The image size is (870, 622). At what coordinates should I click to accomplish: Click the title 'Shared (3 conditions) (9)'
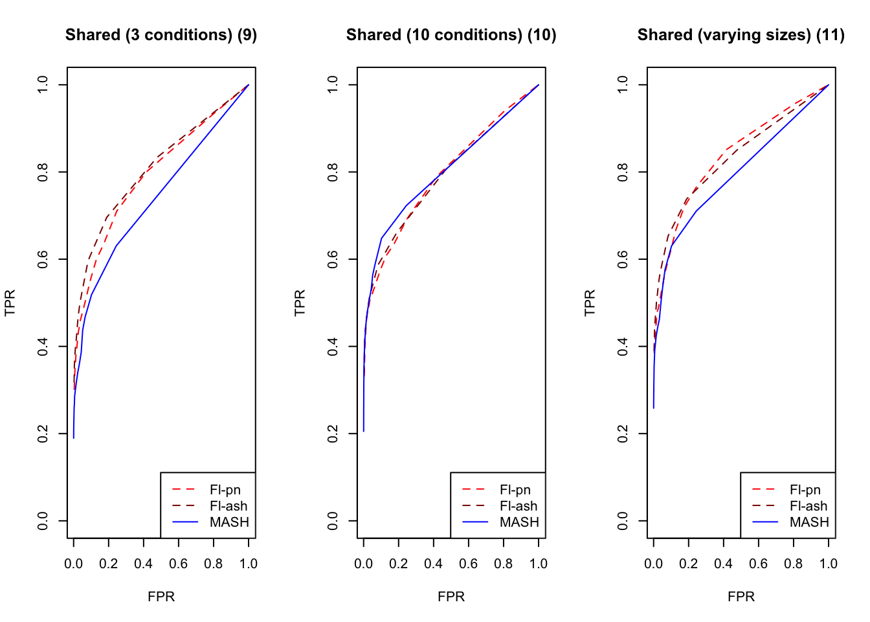161,35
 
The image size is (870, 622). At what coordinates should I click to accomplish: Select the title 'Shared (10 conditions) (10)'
451,35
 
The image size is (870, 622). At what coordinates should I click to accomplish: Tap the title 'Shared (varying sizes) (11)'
741,35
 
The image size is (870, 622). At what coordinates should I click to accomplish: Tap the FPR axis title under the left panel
161,597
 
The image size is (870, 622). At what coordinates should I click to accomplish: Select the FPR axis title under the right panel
741,597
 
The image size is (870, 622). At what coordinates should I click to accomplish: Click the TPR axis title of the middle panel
300,303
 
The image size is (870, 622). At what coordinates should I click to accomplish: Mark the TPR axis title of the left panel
10,303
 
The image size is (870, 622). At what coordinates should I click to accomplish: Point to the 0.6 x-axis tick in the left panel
179,564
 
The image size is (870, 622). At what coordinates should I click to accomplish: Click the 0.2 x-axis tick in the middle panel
399,564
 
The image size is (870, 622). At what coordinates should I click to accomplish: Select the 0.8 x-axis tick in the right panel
794,564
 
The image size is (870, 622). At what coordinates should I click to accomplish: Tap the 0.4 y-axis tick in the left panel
43,347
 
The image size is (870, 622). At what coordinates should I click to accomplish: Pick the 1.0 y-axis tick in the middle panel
333,85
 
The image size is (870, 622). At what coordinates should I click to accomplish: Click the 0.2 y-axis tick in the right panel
623,433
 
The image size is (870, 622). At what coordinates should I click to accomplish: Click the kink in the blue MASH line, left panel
116,246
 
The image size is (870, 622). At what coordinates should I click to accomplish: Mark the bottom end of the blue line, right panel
654,408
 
